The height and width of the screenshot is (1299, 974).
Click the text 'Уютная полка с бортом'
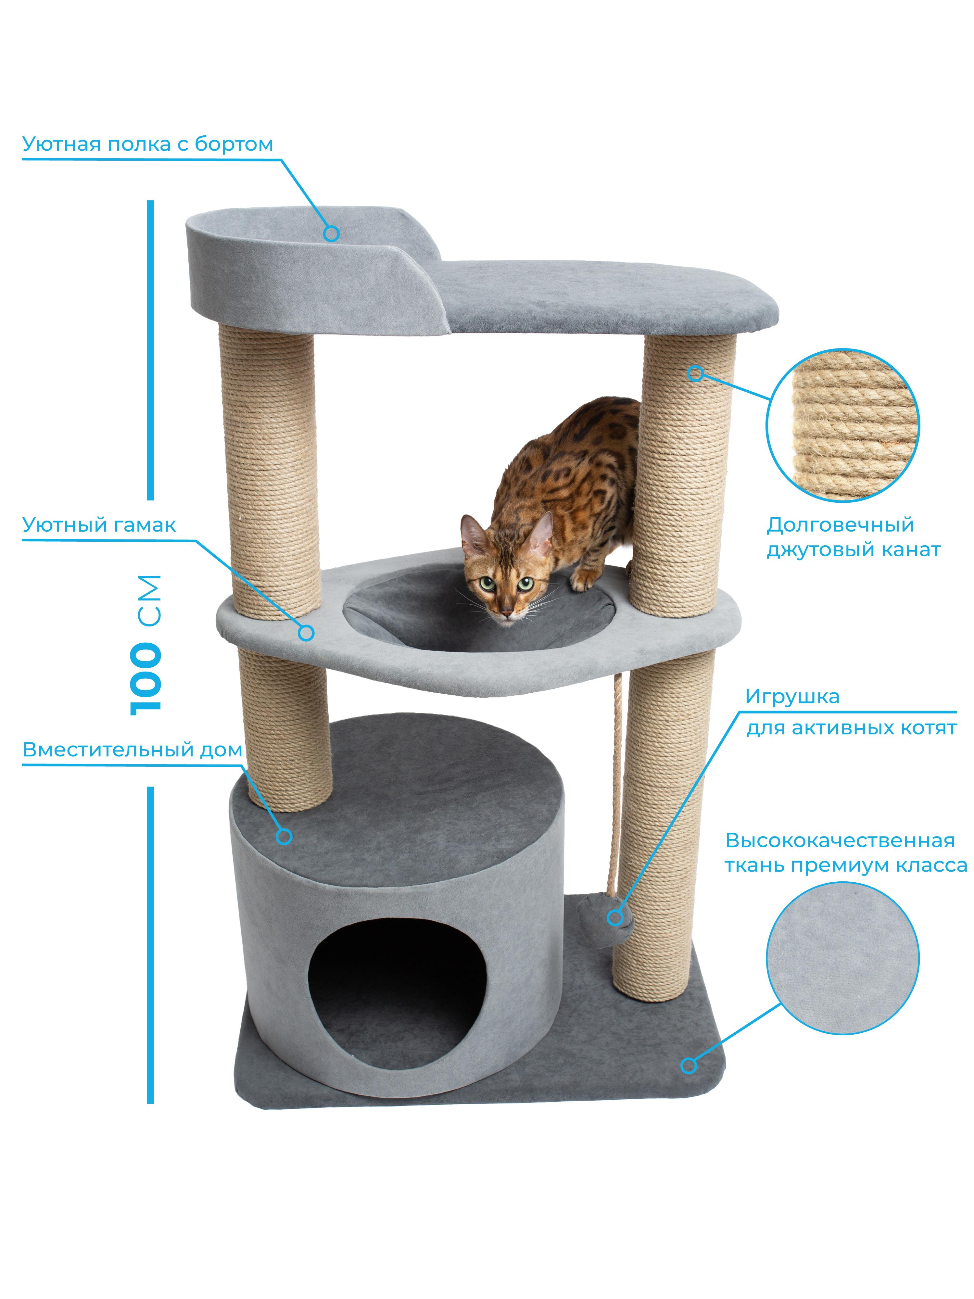click(x=147, y=144)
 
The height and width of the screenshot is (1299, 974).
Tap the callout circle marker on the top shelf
click(x=331, y=233)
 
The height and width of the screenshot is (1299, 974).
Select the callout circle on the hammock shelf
click(x=306, y=633)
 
